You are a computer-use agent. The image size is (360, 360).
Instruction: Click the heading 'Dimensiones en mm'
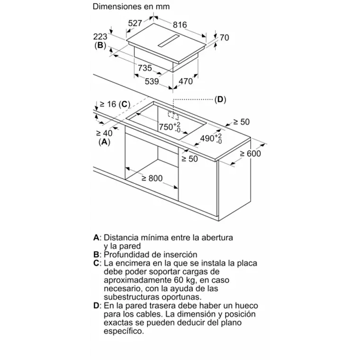pyautogui.click(x=131, y=7)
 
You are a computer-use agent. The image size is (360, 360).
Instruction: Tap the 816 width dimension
pyautogui.click(x=179, y=25)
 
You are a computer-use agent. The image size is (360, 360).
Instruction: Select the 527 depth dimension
pyautogui.click(x=136, y=23)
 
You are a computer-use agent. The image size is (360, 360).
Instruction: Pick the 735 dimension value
pyautogui.click(x=144, y=68)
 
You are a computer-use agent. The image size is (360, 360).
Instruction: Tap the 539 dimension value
pyautogui.click(x=151, y=81)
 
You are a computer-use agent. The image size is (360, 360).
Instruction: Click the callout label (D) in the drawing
pyautogui.click(x=220, y=100)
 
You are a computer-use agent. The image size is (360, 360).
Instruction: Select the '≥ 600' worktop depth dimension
pyautogui.click(x=250, y=153)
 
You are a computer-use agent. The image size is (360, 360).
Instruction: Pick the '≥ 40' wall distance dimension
pyautogui.click(x=104, y=134)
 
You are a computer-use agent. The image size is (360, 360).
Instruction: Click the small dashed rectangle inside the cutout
pyautogui.click(x=173, y=115)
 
